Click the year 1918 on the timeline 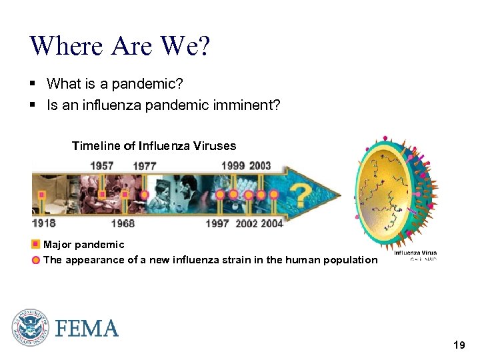point(44,223)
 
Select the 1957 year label point(101,165)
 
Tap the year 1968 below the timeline point(123,223)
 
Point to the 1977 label point(145,165)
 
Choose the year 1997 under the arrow point(217,223)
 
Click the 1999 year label point(233,165)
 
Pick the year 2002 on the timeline point(246,223)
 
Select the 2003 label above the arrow point(260,165)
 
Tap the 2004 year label point(271,223)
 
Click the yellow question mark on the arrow point(303,195)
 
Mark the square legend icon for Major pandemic point(36,245)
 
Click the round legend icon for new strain point(36,260)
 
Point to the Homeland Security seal point(30,328)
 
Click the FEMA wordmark point(87,329)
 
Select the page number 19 point(459,345)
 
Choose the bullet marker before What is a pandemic point(33,84)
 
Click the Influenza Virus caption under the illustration point(415,253)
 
